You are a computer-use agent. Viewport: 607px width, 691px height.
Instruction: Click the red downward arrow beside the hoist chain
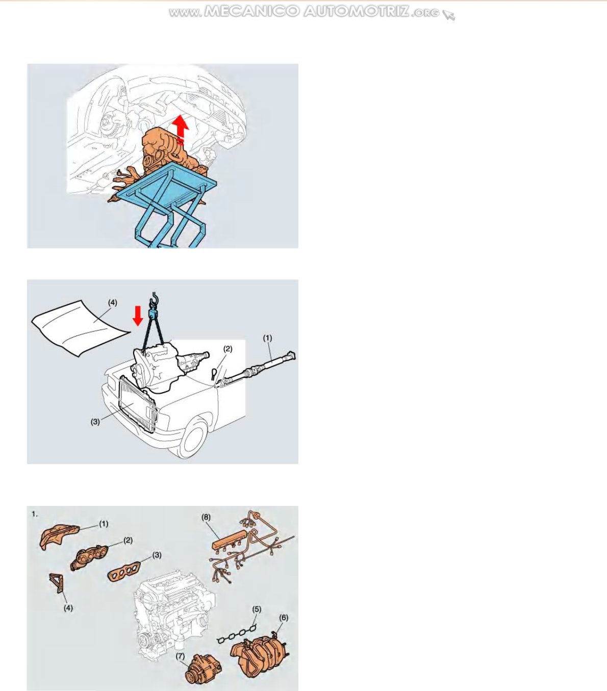pos(138,316)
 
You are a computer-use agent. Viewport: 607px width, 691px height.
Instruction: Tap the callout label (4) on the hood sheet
pos(113,302)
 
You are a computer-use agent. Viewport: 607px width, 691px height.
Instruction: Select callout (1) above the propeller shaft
pos(267,338)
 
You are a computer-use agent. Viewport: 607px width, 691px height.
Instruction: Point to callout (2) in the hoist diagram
pos(228,349)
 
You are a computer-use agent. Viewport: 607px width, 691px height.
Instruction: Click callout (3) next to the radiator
pos(95,422)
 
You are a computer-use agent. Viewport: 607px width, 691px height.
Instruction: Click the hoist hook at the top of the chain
pos(154,300)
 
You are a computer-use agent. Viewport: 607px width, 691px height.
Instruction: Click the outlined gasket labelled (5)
pos(237,633)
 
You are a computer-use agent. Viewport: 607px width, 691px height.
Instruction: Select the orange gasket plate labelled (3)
pos(124,571)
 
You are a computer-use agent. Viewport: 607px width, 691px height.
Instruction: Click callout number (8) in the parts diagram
pos(206,517)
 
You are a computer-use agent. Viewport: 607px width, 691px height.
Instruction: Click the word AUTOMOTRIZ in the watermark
pos(356,12)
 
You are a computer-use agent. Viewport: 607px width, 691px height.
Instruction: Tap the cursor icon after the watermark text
pos(449,15)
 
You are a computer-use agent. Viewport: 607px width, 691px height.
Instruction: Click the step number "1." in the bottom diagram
pos(35,514)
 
